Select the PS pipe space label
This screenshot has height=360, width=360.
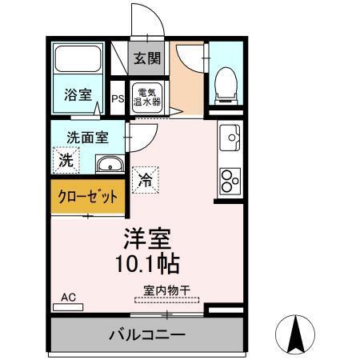tap(118, 99)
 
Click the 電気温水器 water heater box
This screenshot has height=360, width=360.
tap(147, 96)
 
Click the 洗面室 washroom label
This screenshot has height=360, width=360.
tap(86, 137)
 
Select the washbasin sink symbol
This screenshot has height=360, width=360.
tap(110, 165)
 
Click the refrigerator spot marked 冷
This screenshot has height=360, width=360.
tap(146, 178)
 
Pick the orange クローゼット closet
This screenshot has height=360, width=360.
tap(88, 196)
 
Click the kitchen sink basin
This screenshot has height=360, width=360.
tap(233, 138)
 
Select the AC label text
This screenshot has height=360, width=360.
tap(69, 297)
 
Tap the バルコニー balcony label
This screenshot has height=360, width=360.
tap(147, 334)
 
